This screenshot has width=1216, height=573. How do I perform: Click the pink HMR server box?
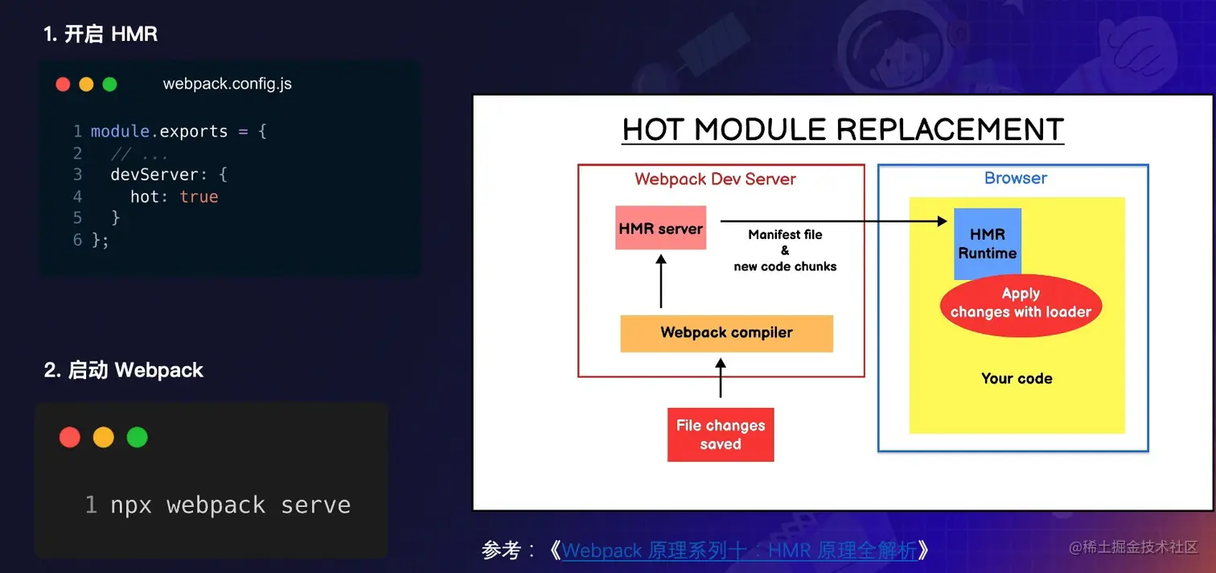coord(660,228)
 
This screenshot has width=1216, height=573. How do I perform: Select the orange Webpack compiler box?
coord(726,333)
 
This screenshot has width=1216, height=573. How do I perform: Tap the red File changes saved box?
coord(721,435)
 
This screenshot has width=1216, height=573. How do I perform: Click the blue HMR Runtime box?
coord(988,243)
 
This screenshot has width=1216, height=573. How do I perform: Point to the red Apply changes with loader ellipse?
coord(1021,305)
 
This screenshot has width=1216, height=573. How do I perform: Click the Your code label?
coord(1017,378)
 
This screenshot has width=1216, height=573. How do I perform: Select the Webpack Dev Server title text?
coord(715,179)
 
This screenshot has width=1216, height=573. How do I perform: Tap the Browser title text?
coord(1015,178)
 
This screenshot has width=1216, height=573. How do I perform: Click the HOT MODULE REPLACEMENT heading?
coord(843,130)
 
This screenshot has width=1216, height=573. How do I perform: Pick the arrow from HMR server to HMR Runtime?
coord(833,221)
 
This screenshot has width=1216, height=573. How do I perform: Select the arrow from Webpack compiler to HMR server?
coord(660,282)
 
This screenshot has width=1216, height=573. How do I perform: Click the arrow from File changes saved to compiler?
coord(721,378)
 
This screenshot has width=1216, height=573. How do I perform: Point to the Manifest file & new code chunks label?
coord(785,250)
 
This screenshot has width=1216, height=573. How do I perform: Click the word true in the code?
coord(199,196)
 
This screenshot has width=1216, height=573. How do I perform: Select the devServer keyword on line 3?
coord(154,175)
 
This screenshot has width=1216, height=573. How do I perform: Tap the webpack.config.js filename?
coord(227,84)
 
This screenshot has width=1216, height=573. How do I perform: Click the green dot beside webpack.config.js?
coord(109,85)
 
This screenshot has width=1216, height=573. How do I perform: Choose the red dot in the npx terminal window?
coord(69,437)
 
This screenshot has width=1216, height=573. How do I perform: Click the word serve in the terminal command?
coord(315,505)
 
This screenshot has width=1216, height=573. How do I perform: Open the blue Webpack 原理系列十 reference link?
coord(739,550)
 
